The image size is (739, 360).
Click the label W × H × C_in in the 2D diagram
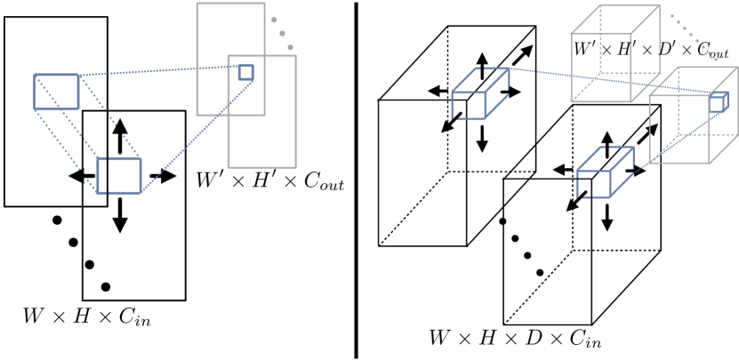point(87,316)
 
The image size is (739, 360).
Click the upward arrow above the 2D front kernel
point(118,134)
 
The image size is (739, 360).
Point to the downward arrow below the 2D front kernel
point(118,216)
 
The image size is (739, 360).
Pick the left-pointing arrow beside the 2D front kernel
point(82,176)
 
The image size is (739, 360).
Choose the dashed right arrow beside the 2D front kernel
point(161,176)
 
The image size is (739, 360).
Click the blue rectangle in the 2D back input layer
point(56,92)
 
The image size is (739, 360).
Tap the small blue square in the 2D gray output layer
point(246,72)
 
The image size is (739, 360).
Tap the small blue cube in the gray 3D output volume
point(716,103)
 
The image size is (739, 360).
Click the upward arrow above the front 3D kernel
point(606,142)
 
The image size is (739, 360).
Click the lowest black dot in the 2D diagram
point(106,286)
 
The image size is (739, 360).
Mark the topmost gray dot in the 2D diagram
point(275,19)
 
